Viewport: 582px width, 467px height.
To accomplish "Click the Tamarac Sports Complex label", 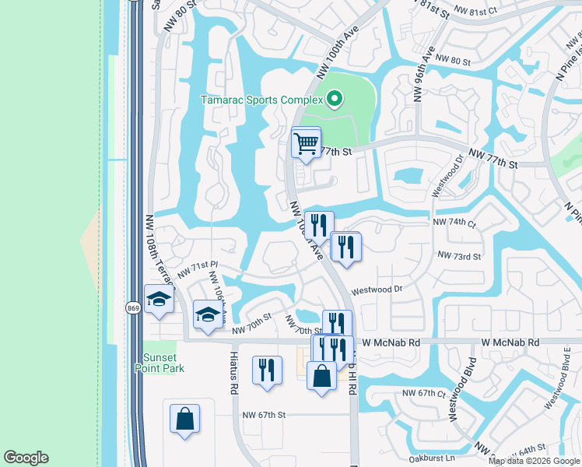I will click(261, 100).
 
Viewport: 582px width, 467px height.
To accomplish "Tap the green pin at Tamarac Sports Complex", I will click(335, 98).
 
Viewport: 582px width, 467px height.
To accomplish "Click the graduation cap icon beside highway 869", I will click(159, 300).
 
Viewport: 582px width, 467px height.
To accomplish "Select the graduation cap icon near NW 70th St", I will click(208, 315).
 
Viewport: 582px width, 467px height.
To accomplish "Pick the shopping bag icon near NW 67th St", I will click(185, 418).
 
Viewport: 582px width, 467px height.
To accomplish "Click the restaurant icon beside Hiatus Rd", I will click(267, 371).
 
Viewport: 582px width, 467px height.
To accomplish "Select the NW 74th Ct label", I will click(454, 222).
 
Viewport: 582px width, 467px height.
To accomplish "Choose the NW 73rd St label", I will click(459, 255).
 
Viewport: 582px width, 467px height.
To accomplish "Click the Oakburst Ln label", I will click(433, 458).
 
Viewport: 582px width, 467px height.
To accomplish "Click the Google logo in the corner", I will click(26, 458).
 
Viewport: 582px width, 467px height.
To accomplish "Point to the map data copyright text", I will click(535, 461).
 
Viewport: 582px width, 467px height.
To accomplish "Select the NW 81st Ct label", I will click(475, 12).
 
